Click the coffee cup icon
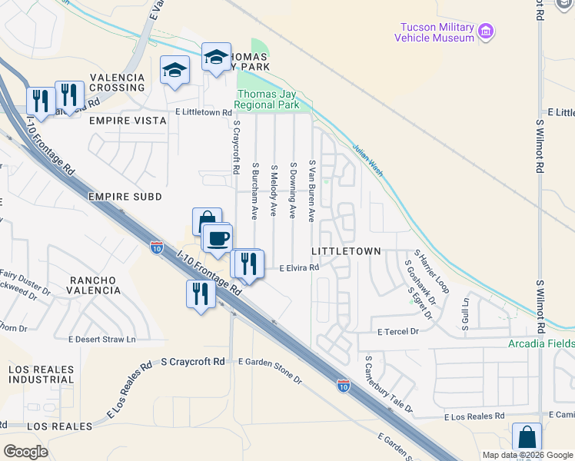218,237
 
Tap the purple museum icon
485,32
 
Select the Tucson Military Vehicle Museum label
434,32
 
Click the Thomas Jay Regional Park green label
267,99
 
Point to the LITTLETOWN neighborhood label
346,251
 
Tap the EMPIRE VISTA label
128,121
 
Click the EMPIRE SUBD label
125,197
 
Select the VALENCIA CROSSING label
118,83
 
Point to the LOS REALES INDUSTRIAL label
42,374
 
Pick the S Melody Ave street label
274,190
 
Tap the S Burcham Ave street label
254,191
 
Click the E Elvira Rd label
299,268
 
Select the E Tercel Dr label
398,332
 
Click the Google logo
26,452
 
